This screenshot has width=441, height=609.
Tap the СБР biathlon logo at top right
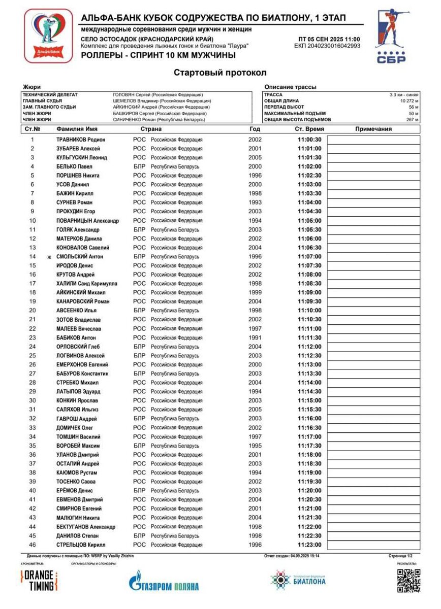click(x=391, y=37)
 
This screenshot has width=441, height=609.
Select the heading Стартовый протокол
click(x=220, y=73)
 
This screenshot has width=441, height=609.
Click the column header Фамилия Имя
click(x=77, y=129)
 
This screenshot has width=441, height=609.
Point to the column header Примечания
click(x=373, y=129)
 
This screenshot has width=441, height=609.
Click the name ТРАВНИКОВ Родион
click(x=81, y=140)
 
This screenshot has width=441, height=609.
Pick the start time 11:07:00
click(x=309, y=257)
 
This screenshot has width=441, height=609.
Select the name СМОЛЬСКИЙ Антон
click(x=80, y=257)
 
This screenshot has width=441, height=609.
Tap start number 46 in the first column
click(x=33, y=545)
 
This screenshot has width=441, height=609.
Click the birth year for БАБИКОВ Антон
click(x=255, y=337)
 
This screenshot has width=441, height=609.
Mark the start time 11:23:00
click(x=309, y=545)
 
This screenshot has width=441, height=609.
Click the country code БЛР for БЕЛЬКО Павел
click(x=139, y=166)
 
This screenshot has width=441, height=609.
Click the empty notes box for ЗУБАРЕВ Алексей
click(x=374, y=149)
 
